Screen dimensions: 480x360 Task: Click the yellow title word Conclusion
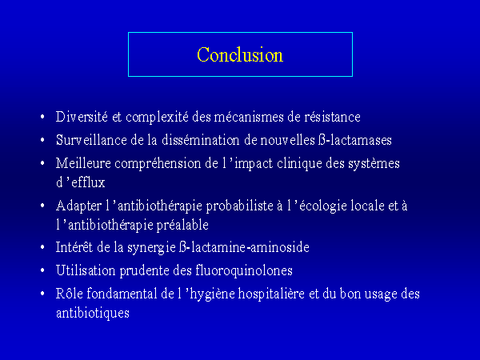(240, 54)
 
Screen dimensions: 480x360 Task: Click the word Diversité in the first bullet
(82, 117)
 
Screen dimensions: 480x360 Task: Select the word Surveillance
(91, 140)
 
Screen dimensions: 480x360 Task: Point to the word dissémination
(201, 140)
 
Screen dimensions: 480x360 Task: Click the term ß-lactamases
(354, 140)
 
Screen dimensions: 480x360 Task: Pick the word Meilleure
(83, 163)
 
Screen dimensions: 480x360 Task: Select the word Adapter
(78, 206)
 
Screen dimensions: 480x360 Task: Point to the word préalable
(182, 226)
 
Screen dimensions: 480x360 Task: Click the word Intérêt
(74, 247)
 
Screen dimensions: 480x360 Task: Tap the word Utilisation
(86, 270)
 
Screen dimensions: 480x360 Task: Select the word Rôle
(69, 294)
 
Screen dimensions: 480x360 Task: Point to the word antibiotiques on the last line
(93, 314)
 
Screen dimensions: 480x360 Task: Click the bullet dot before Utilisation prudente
(42, 270)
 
